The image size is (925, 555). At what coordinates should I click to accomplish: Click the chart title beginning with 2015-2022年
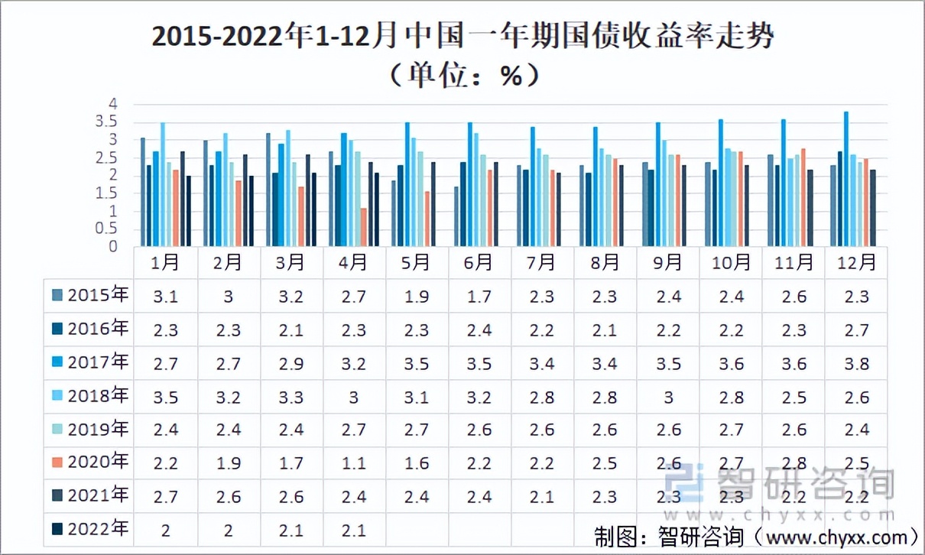(x=462, y=37)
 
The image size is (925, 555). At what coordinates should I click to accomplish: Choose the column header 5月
(x=416, y=262)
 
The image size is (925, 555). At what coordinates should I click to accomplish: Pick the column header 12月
(x=855, y=262)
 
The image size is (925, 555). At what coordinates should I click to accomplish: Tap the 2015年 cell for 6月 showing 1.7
(x=478, y=296)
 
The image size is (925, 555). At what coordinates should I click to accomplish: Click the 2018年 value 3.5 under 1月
(x=165, y=396)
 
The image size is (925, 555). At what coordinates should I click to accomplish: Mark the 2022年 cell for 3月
(x=290, y=530)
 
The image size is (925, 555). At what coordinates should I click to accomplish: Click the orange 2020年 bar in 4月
(x=364, y=227)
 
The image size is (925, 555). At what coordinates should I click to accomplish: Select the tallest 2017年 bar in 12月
(x=845, y=180)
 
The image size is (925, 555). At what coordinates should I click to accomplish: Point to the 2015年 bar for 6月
(x=456, y=216)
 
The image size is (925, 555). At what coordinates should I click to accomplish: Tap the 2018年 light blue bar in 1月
(x=162, y=184)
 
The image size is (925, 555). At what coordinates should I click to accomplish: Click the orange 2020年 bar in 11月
(x=803, y=197)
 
